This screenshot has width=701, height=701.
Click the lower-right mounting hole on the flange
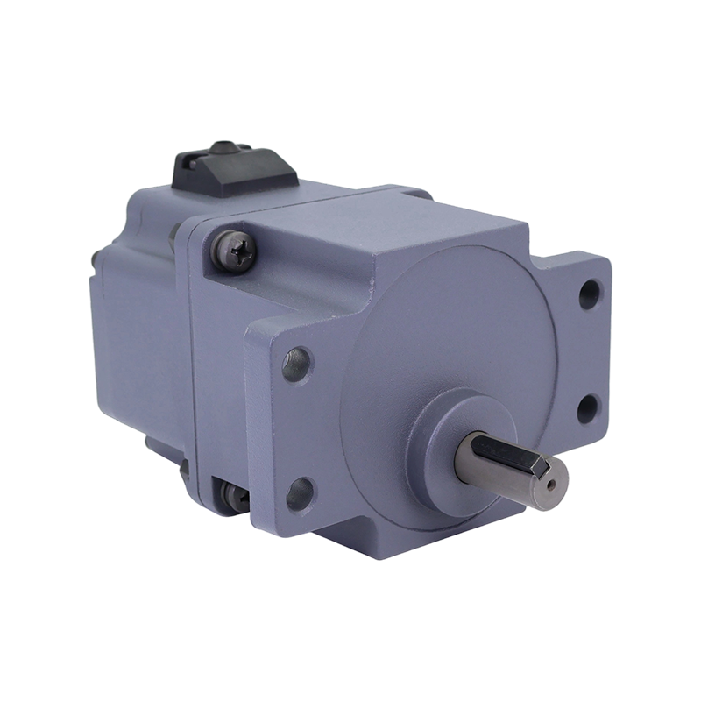[588, 407]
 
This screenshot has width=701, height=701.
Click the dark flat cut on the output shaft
[495, 455]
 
